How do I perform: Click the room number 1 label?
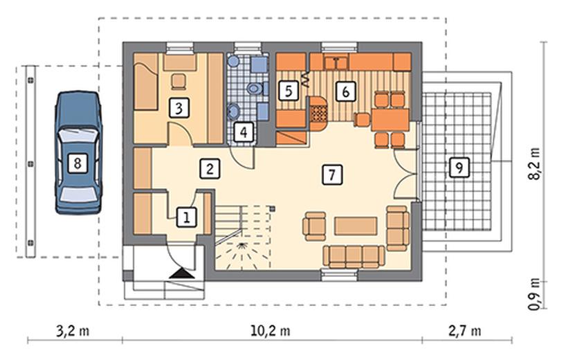coord(186,217)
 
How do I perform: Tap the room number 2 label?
coord(210,169)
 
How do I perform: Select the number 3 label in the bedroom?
coord(179,107)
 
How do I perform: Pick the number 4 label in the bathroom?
coord(244,132)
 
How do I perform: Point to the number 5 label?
coord(289,91)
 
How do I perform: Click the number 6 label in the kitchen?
coord(345,91)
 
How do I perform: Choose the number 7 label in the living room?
coord(332,175)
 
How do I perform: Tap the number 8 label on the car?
coord(77,164)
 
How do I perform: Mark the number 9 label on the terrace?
coord(459,168)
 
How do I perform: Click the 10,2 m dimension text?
coord(271,330)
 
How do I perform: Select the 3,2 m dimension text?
coord(73,330)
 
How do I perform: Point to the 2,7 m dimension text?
coord(465,330)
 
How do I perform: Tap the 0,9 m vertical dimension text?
coord(535,294)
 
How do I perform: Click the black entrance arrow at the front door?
coord(182,273)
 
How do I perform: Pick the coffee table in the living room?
coord(356,226)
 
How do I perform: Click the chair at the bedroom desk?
coord(179,81)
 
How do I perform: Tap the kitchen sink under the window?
coord(336,62)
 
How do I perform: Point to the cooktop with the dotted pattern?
coord(319,114)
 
